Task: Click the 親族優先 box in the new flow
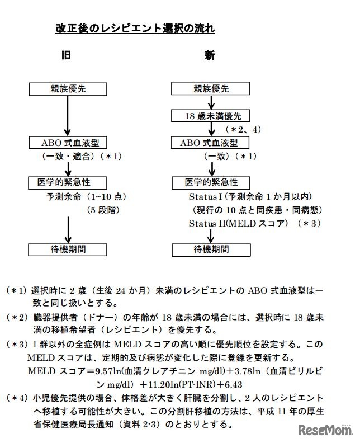[211, 88]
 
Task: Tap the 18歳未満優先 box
[211, 116]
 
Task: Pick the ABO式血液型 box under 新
[211, 143]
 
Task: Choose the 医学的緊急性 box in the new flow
[211, 182]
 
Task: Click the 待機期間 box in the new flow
[211, 249]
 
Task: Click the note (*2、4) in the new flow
[241, 129]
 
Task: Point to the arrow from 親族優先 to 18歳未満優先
[211, 102]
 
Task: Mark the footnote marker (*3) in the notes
[16, 345]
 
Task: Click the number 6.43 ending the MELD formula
[231, 384]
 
